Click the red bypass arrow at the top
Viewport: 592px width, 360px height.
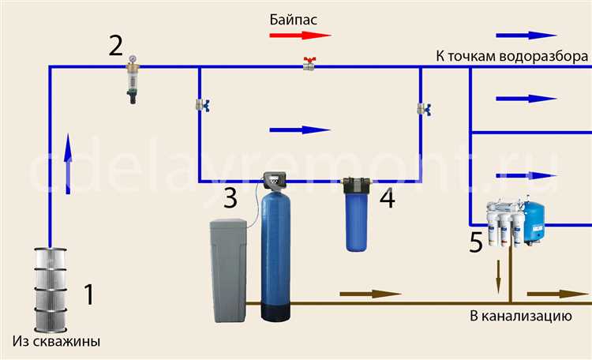coord(299,36)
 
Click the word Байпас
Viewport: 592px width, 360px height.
coord(293,17)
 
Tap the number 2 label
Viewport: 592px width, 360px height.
coord(116,46)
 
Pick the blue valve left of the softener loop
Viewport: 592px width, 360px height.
coord(200,105)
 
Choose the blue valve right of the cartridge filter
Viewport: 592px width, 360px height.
coord(422,108)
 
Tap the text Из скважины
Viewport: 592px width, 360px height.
coord(57,342)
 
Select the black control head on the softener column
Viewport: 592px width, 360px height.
coord(275,182)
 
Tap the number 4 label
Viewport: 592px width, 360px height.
coord(386,198)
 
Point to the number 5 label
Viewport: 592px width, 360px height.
coord(476,243)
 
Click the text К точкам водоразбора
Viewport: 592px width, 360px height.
coord(511,57)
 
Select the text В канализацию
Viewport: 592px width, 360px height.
coord(519,317)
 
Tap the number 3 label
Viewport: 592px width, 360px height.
coord(230,198)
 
